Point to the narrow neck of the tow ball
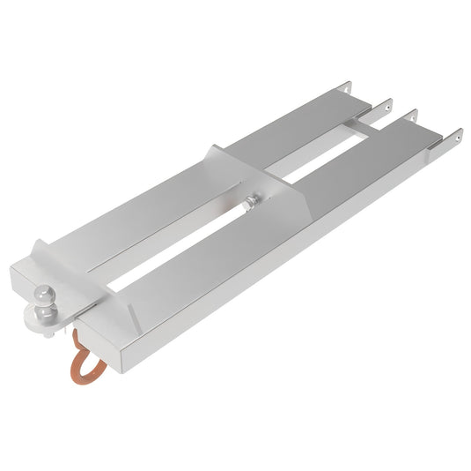[42, 310]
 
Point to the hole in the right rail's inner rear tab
[413, 114]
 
